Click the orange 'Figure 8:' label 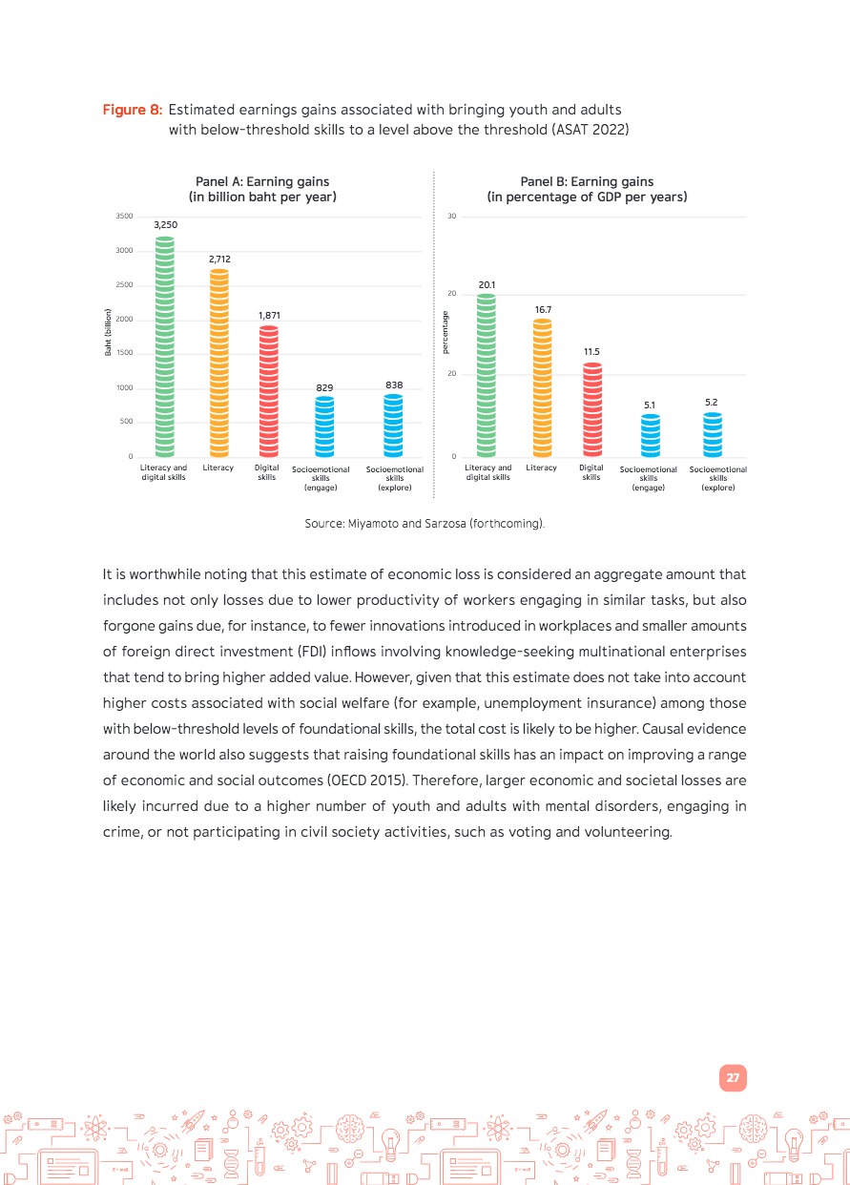[133, 111]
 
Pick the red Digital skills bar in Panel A [268, 391]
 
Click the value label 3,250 [166, 224]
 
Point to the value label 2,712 [218, 259]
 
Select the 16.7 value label [543, 309]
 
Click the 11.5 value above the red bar [591, 352]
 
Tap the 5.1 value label [650, 405]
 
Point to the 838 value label [394, 385]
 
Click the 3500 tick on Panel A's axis [124, 217]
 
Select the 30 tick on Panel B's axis [452, 217]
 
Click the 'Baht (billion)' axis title [110, 334]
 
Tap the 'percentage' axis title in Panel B [446, 334]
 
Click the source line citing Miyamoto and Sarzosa [425, 524]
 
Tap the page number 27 [733, 1078]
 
